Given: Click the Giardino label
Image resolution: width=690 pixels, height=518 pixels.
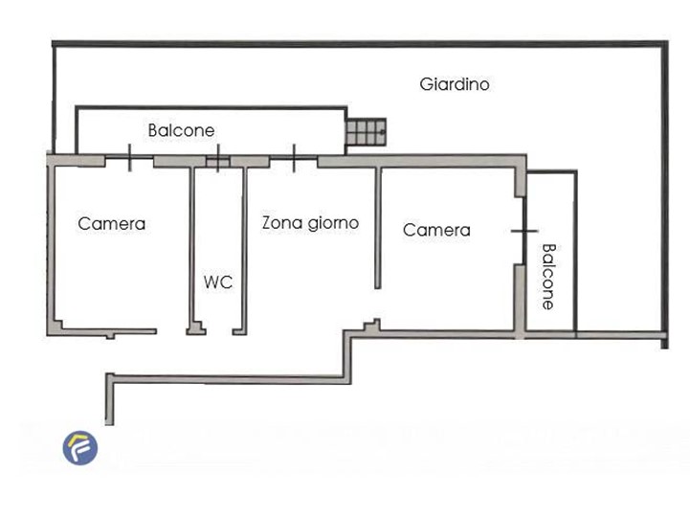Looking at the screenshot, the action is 455,84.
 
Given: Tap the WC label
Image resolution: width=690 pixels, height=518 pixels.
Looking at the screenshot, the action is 218,282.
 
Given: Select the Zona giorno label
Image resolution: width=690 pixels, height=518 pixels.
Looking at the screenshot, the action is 310,223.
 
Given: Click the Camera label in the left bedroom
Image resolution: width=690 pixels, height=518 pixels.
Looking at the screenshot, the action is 111,223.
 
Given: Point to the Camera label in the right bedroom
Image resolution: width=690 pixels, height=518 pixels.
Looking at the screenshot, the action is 436,230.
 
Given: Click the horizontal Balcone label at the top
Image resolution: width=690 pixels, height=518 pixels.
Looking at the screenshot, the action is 181,130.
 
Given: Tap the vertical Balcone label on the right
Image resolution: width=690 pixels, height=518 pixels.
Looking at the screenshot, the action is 547,277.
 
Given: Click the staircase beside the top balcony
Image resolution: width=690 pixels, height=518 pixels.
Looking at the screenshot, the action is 367,131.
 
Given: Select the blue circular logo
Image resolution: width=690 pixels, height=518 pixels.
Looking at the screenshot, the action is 80,447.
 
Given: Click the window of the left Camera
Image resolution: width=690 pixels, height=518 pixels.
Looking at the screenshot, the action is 129,157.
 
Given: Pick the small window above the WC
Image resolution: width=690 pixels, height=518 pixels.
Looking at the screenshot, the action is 218,159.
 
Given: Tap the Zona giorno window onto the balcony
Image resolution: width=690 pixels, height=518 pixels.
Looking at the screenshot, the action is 294,158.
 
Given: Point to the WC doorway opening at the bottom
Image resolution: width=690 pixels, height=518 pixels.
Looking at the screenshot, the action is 219,331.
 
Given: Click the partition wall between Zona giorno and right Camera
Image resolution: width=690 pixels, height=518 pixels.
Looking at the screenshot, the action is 378,228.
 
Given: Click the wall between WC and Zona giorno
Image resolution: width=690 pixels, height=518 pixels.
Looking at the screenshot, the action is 245,249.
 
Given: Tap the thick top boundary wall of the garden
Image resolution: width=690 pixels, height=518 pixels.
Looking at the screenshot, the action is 360,44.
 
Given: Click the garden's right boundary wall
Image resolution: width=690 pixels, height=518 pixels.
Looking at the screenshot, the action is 665,195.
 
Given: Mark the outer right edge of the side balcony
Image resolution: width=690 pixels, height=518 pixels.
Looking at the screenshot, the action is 575,251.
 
